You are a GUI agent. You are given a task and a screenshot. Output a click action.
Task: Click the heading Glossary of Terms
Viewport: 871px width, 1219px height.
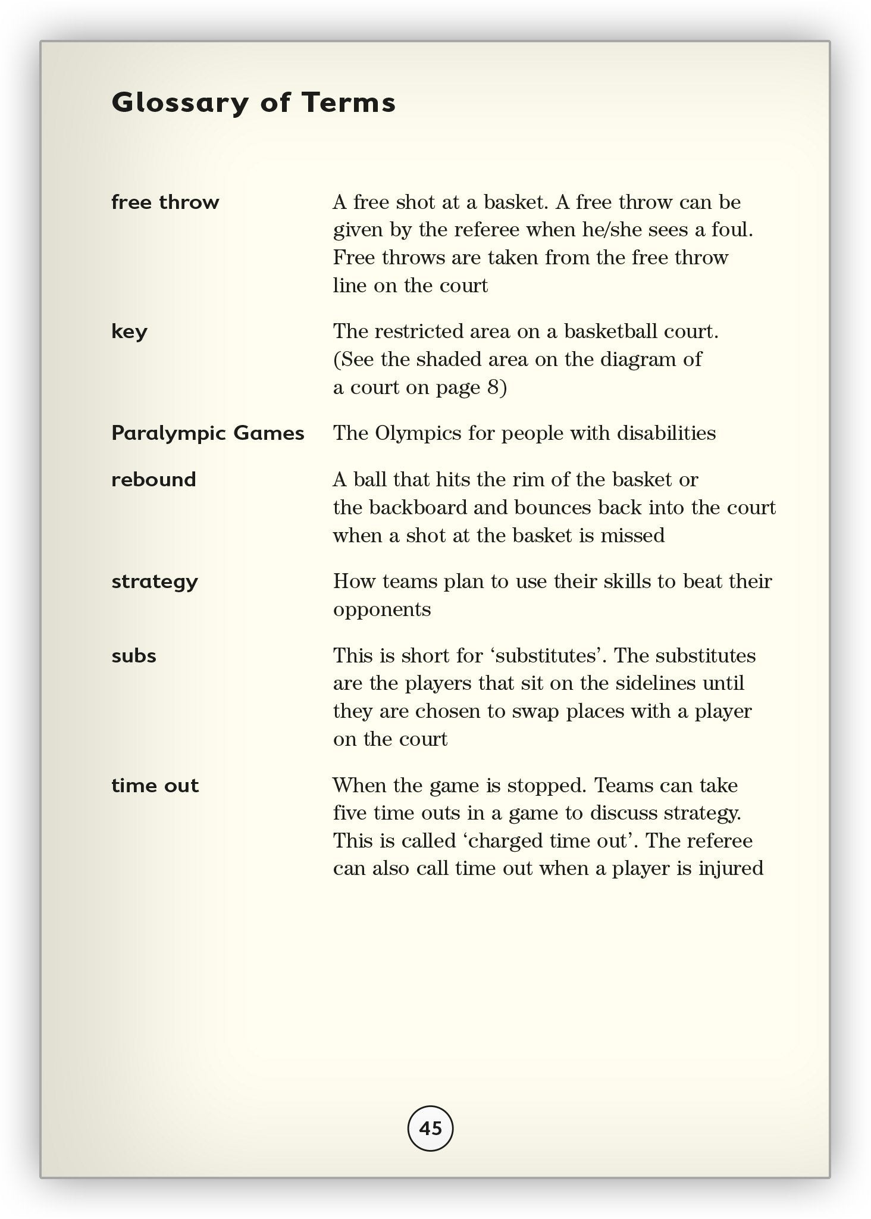click(253, 102)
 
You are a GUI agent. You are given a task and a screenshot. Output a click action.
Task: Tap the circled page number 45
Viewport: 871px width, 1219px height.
click(430, 1129)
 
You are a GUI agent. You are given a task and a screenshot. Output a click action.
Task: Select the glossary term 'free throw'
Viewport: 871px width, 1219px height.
click(165, 202)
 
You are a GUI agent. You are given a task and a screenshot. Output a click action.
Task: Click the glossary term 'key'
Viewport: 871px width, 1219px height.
click(129, 332)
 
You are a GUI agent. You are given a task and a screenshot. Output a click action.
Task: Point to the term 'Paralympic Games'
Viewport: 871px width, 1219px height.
click(208, 433)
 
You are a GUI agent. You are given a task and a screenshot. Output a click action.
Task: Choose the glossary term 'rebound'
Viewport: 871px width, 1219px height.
click(153, 480)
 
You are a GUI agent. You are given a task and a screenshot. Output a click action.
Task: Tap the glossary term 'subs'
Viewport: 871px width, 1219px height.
click(134, 656)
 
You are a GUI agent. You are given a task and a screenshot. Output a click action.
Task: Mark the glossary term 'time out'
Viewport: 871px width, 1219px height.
click(155, 786)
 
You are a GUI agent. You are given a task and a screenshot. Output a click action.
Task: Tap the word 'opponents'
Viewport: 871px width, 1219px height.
click(382, 609)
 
